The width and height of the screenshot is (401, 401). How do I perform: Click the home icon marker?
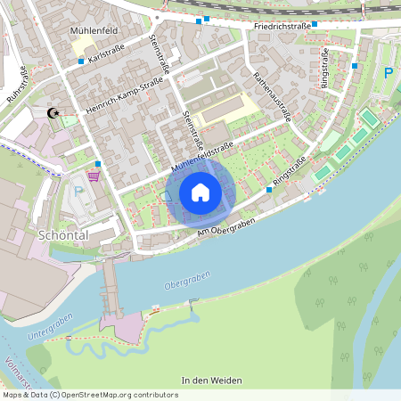[200, 192]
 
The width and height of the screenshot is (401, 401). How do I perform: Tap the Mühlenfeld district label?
[94, 29]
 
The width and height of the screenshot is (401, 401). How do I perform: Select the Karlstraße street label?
[108, 55]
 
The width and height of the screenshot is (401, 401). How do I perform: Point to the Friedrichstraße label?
[282, 27]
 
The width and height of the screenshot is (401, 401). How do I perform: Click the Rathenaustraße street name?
[273, 97]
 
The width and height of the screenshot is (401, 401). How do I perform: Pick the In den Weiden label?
[211, 381]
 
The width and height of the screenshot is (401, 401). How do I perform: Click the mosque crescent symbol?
[53, 113]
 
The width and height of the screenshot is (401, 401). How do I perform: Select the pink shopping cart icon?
[93, 175]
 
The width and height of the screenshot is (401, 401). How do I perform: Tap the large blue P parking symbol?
[387, 72]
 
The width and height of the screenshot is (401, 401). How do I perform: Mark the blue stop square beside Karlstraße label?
[80, 61]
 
